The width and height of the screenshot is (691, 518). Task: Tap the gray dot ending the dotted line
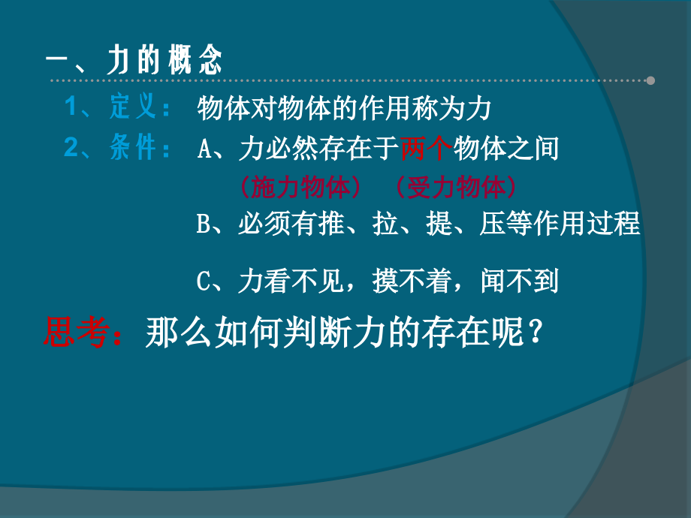click(650, 80)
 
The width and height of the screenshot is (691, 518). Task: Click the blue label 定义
click(132, 108)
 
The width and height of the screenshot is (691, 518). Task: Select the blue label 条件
click(132, 148)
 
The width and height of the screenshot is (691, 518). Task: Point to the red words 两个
click(425, 149)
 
